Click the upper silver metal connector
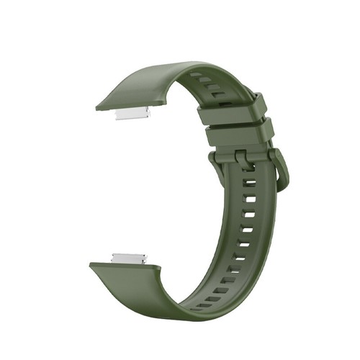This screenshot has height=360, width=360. [x=132, y=114]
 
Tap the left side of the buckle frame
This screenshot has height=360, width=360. [x=215, y=161]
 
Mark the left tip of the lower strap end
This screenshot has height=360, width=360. [x=91, y=266]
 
